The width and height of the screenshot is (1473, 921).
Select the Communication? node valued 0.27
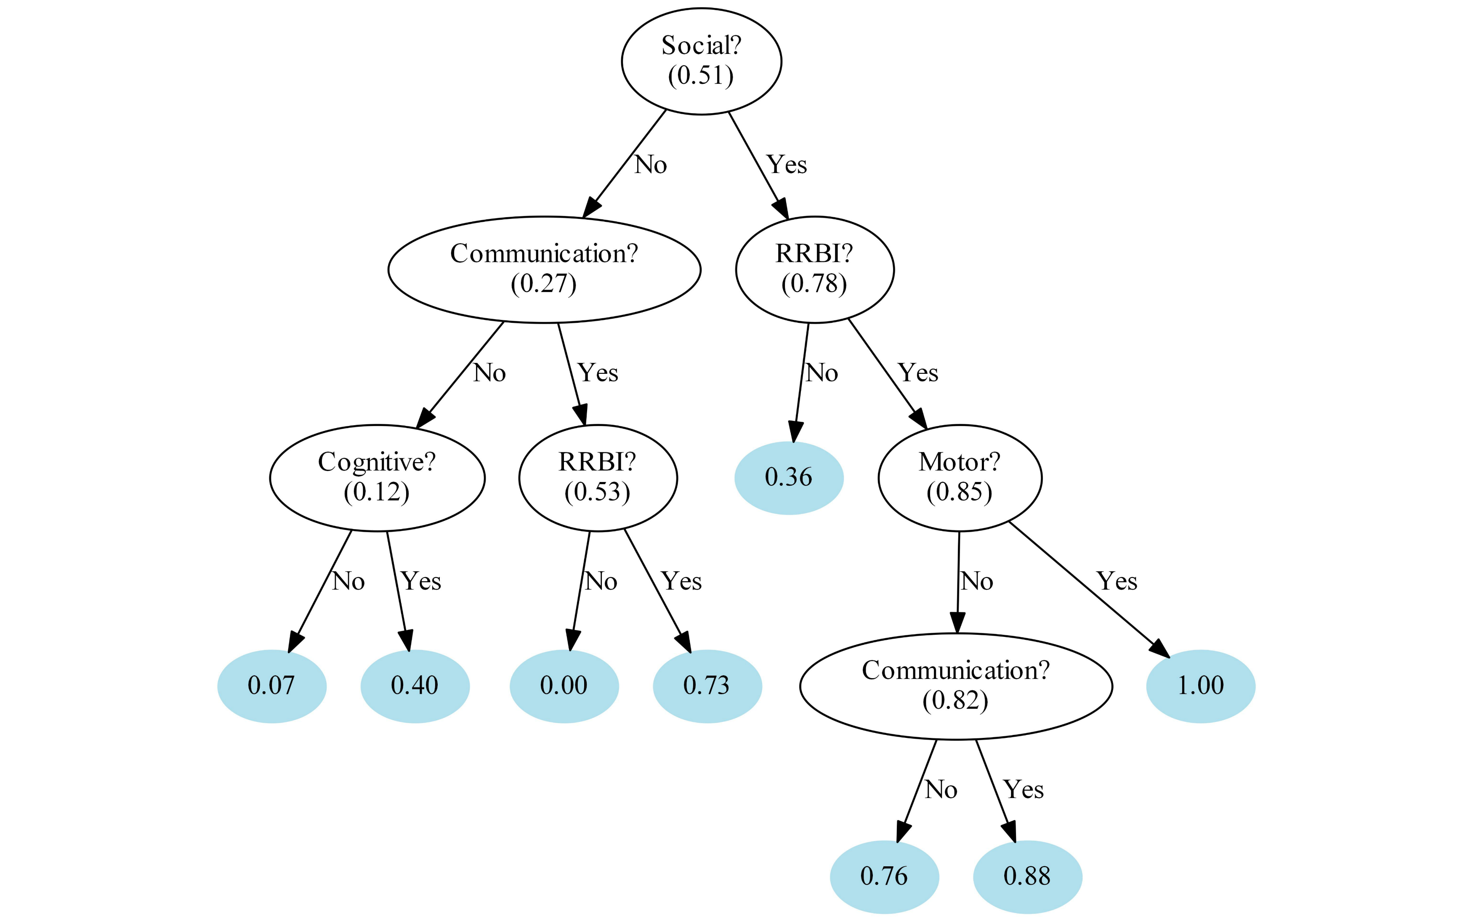pyautogui.click(x=544, y=269)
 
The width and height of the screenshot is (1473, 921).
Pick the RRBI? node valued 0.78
pyautogui.click(x=814, y=269)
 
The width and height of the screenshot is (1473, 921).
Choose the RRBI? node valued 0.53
pyautogui.click(x=597, y=478)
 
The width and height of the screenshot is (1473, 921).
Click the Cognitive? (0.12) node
pyautogui.click(x=377, y=478)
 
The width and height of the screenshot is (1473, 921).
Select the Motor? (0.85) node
pyautogui.click(x=959, y=478)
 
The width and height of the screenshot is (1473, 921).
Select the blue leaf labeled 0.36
pyautogui.click(x=789, y=478)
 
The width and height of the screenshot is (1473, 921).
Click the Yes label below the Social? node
pyautogui.click(x=787, y=165)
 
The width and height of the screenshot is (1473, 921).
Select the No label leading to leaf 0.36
pyautogui.click(x=822, y=373)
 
